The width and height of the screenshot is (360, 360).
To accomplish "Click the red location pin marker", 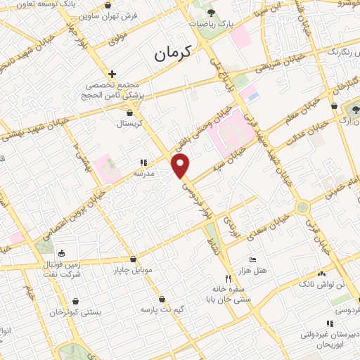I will (x=181, y=166).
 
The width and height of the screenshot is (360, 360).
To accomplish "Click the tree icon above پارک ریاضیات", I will (x=212, y=13).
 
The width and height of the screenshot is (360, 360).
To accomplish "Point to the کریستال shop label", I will (x=129, y=122).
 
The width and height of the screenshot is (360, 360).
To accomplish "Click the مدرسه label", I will (x=143, y=172).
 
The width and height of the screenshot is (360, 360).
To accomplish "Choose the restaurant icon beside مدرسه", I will (x=143, y=162).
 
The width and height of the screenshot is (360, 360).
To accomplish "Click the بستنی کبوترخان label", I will (x=75, y=311).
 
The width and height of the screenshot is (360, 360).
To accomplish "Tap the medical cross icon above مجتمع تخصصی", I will (x=112, y=74).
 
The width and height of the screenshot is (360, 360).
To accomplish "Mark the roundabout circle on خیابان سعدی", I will (x=302, y=207).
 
